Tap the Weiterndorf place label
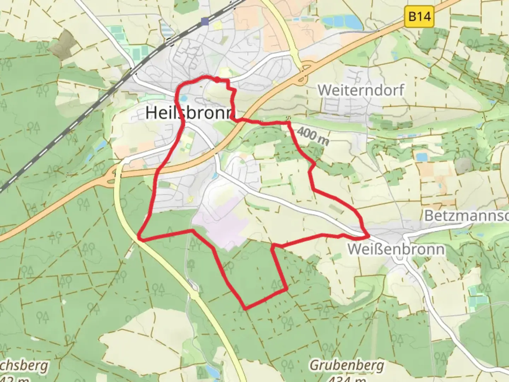point(361,90)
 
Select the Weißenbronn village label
point(396,249)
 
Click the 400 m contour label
point(313,137)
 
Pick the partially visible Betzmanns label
point(466,215)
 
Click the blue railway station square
point(205,22)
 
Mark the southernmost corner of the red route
point(245,308)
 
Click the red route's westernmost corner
point(139,238)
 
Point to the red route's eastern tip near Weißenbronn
point(368,235)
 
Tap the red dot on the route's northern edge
point(216,80)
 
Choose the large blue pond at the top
point(343,22)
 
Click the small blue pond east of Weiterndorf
point(422,157)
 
